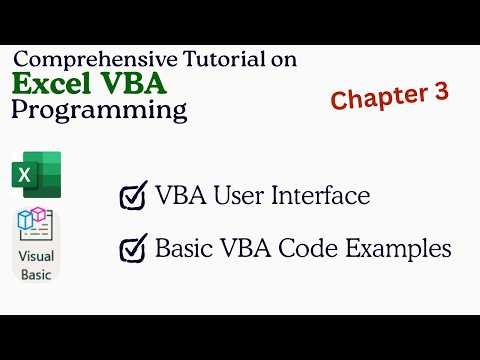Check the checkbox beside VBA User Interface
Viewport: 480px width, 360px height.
point(133,196)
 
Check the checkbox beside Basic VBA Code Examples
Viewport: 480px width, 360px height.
point(133,249)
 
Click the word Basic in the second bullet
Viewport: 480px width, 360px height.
point(183,247)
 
